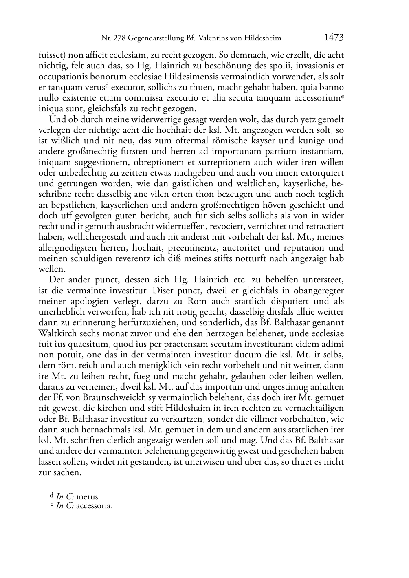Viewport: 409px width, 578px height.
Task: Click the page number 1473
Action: (334, 38)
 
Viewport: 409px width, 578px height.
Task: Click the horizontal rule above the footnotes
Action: (69, 490)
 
